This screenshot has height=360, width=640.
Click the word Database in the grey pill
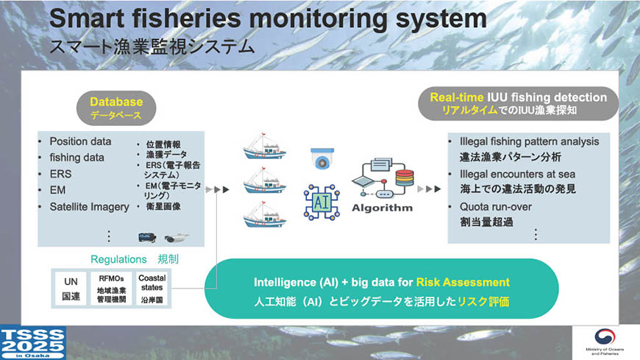[116, 102]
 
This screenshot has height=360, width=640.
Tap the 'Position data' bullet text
[80, 141]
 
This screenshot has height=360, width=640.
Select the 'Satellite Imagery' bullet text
[90, 207]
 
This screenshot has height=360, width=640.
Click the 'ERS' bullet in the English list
[60, 174]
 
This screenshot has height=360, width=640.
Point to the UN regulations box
[71, 289]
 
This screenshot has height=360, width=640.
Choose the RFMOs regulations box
[111, 289]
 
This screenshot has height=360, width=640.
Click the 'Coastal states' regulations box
[152, 289]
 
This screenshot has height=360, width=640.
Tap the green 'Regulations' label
[118, 259]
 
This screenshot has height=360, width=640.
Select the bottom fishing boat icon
[265, 214]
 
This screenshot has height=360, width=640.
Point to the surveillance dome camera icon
[322, 158]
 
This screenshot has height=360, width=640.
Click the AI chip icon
[321, 202]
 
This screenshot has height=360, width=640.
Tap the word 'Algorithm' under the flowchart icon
[382, 208]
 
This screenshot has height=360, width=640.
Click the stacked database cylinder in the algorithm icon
[405, 177]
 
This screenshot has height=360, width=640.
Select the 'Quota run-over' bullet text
[496, 207]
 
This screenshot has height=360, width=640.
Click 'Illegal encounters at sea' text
[518, 174]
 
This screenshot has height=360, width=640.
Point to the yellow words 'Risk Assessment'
[463, 283]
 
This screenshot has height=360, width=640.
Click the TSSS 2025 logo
[33, 343]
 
